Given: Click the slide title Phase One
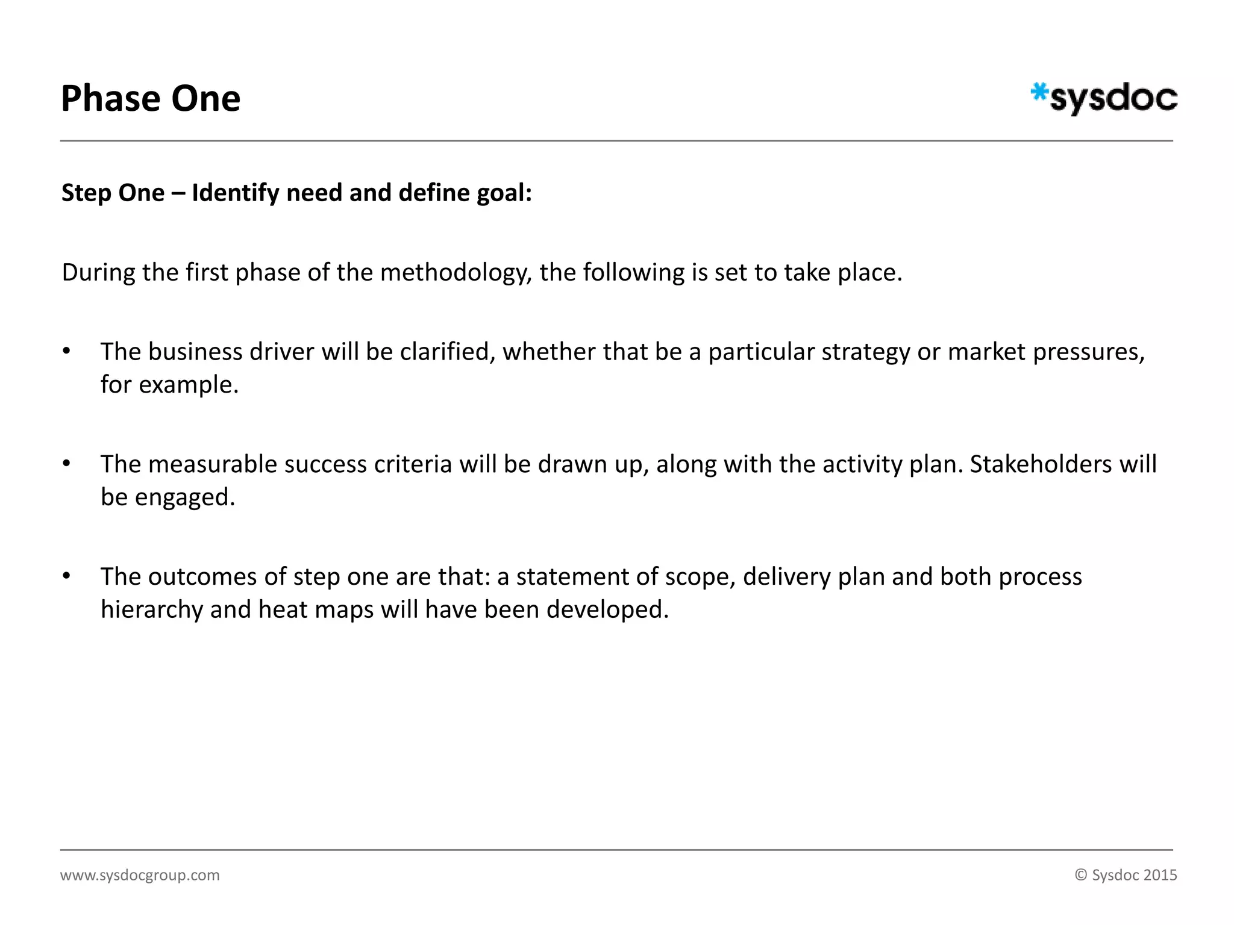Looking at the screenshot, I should pos(151,99).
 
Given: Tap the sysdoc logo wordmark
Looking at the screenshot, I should pos(1113,99).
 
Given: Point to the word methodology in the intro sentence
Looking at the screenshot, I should pos(456,273).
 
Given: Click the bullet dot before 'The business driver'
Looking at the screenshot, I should pos(67,351).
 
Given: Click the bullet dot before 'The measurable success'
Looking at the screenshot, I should pos(67,464).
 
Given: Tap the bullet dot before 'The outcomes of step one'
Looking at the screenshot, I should pos(67,576).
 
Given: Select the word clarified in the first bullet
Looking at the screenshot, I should pos(447,352).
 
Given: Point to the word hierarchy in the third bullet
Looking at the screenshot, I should pos(152,610).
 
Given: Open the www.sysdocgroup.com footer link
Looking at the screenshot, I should pos(140,875).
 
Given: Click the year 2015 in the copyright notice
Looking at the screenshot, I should pos(1160,875).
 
